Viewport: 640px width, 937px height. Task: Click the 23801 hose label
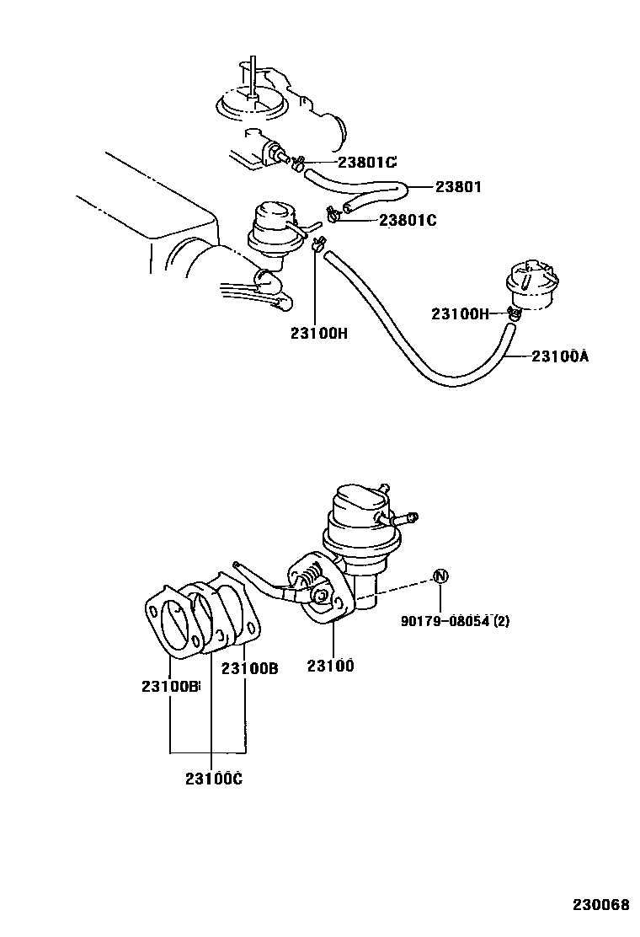tap(458, 187)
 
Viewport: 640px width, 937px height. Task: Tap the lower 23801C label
tap(408, 221)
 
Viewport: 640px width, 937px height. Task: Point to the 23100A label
tap(559, 356)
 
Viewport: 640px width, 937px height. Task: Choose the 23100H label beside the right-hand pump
tap(460, 314)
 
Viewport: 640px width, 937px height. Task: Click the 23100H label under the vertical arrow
tap(319, 333)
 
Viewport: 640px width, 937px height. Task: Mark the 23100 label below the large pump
tap(330, 666)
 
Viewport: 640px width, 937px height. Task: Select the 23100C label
tap(214, 778)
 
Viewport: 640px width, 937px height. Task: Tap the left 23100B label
tap(170, 687)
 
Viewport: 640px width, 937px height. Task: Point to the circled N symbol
tap(441, 576)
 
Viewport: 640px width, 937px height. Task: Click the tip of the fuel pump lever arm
tap(238, 565)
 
